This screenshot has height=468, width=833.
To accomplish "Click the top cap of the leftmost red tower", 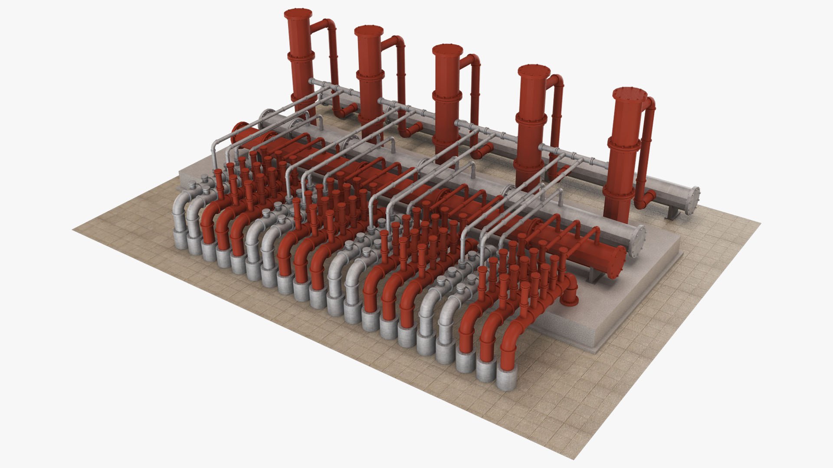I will pyautogui.click(x=299, y=13).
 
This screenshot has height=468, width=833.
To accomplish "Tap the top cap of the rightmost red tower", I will pyautogui.click(x=630, y=94).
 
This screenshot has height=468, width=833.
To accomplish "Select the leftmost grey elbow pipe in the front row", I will pyautogui.click(x=181, y=208).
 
